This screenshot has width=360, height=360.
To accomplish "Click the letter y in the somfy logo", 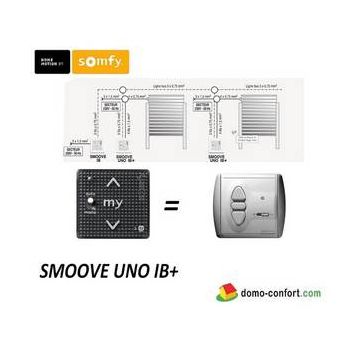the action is (118, 61).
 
